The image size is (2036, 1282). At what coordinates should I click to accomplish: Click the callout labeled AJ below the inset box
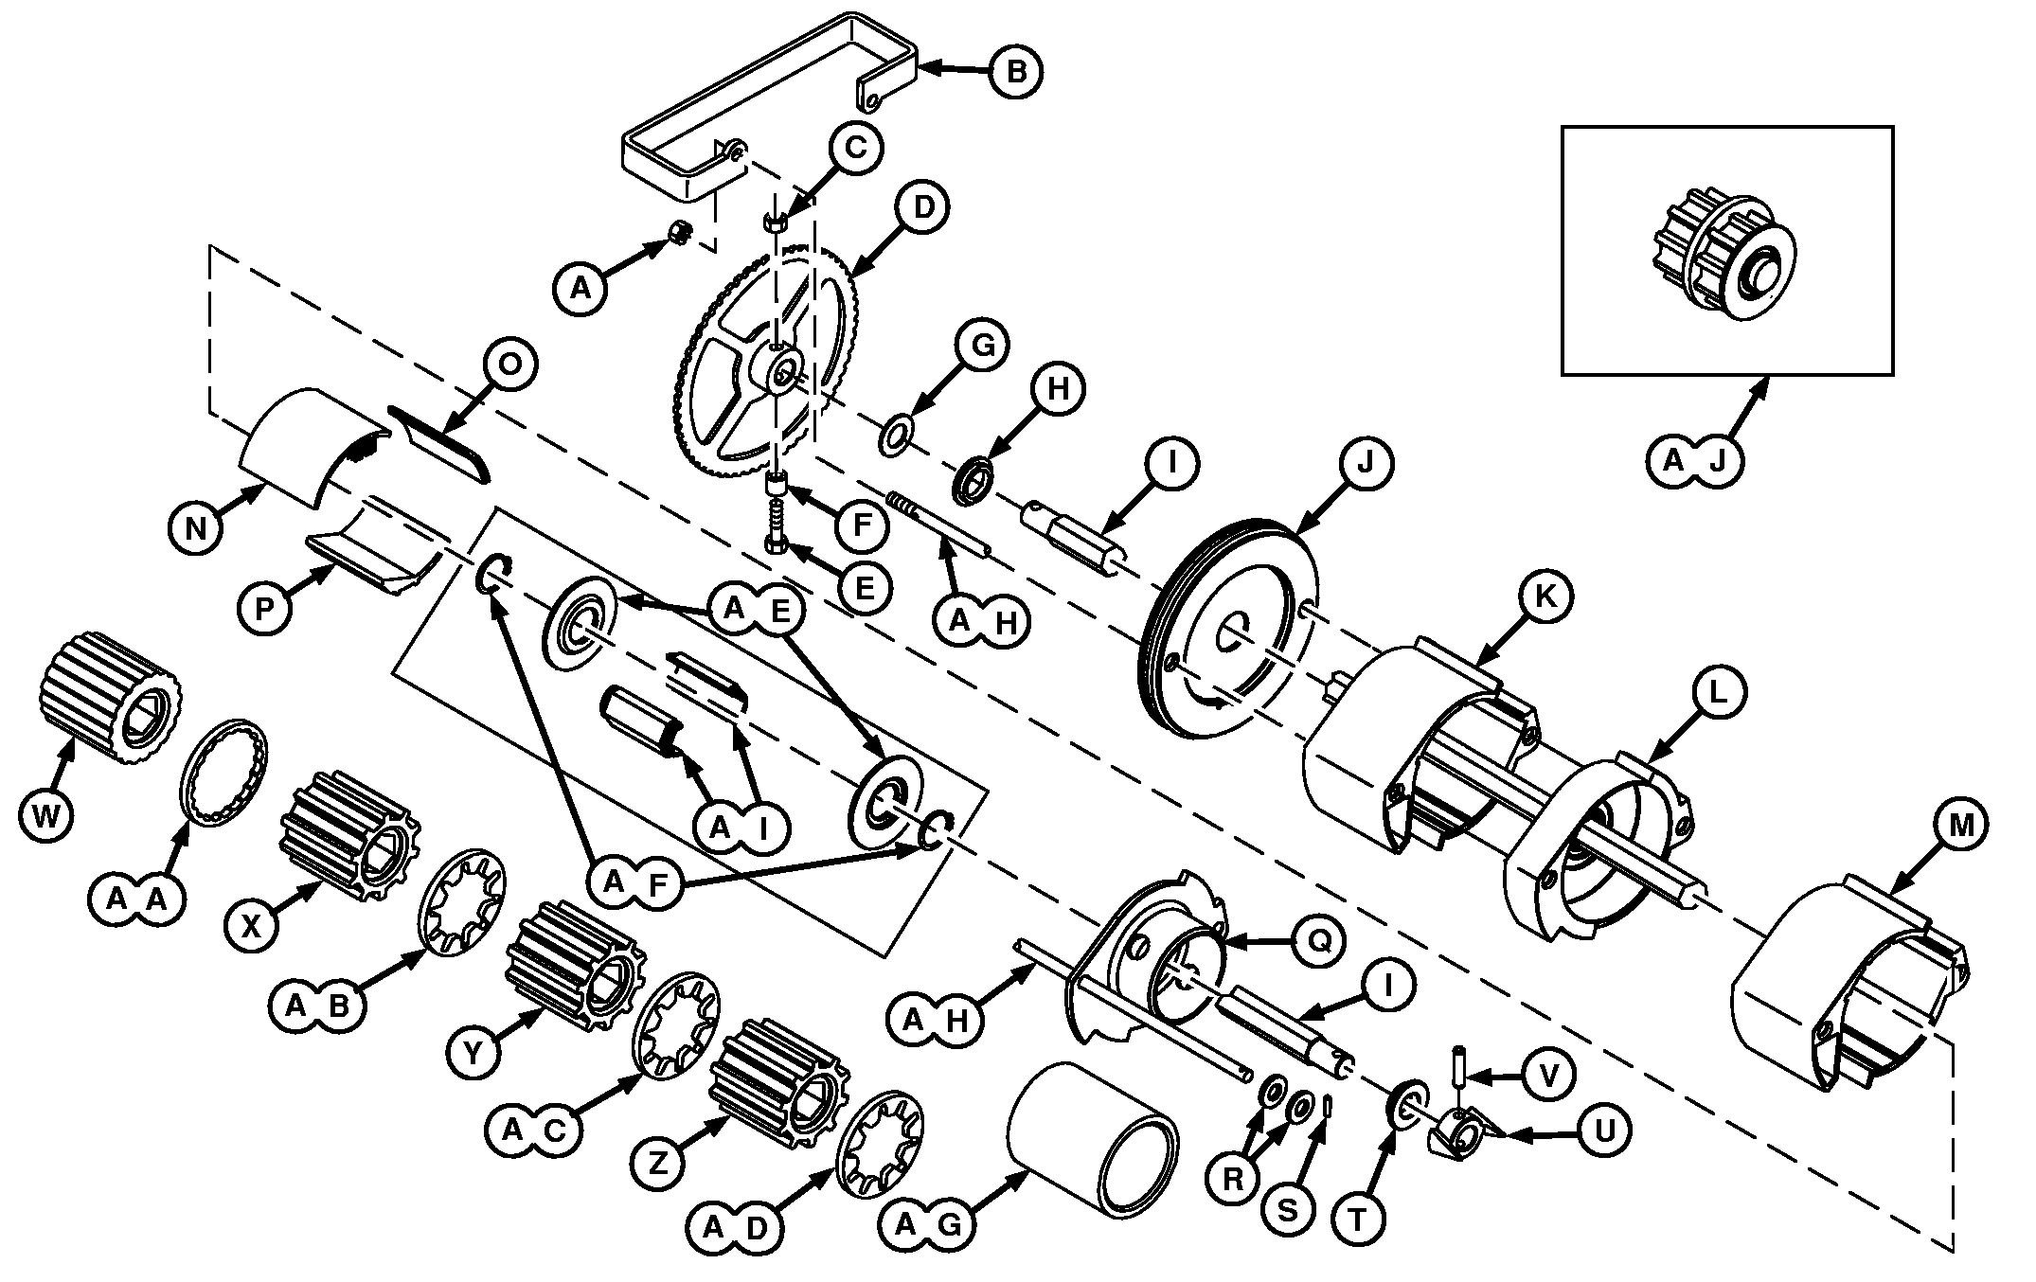tap(1693, 460)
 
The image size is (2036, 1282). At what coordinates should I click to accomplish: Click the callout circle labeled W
tap(45, 814)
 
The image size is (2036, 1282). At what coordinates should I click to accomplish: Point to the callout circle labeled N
tap(195, 526)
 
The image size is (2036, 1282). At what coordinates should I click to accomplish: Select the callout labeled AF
tap(634, 882)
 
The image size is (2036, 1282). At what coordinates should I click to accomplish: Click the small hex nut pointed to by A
tap(679, 232)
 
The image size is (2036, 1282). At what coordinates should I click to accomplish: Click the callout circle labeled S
tap(1288, 1209)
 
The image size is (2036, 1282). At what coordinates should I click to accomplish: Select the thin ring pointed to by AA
tap(223, 773)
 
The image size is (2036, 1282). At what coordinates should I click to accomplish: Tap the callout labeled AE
tap(756, 611)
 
